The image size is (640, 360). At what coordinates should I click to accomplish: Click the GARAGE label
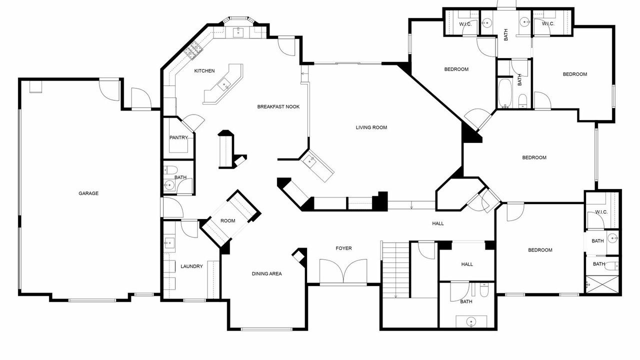(x=88, y=193)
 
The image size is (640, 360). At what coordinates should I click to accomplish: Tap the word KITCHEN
(x=204, y=71)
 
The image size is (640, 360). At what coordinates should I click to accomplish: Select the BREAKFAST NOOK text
(x=278, y=107)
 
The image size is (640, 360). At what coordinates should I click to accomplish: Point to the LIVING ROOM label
(x=371, y=127)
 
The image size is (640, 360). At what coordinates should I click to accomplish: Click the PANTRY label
(x=178, y=137)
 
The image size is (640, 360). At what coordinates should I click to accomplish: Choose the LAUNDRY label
(x=191, y=266)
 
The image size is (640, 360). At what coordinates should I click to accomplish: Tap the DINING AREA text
(x=266, y=273)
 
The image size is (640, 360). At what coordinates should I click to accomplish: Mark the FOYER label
(x=343, y=248)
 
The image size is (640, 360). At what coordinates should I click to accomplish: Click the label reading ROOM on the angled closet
(x=227, y=221)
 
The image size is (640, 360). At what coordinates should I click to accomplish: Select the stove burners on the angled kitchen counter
(x=193, y=50)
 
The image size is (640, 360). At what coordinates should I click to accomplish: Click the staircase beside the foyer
(x=395, y=270)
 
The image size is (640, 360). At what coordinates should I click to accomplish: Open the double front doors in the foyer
(x=343, y=271)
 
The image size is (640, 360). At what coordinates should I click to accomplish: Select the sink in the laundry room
(x=169, y=243)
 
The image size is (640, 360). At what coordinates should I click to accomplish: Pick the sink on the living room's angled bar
(x=309, y=161)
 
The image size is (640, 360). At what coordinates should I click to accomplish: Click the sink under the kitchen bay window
(x=237, y=32)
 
